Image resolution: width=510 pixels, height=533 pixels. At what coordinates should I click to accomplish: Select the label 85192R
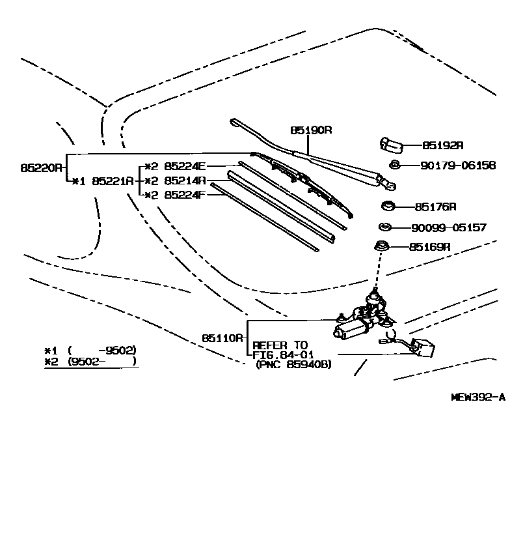443,146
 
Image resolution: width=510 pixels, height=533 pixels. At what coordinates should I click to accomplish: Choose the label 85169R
430,247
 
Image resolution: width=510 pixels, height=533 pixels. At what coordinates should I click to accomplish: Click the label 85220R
41,167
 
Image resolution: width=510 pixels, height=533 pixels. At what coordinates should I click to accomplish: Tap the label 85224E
184,166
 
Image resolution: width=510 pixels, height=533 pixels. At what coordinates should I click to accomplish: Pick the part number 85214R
184,180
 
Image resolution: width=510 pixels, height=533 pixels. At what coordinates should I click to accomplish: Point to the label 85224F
184,195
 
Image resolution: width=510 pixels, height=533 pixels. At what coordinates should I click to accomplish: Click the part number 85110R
222,338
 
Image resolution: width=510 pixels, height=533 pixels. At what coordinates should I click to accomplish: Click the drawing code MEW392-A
478,396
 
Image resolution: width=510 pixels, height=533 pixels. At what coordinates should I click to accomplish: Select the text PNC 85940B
293,364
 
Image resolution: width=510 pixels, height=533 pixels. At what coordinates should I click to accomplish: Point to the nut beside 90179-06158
394,165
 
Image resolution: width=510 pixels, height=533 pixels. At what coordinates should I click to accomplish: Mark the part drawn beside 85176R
388,207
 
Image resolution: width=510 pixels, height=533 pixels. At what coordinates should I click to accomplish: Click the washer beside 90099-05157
384,227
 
